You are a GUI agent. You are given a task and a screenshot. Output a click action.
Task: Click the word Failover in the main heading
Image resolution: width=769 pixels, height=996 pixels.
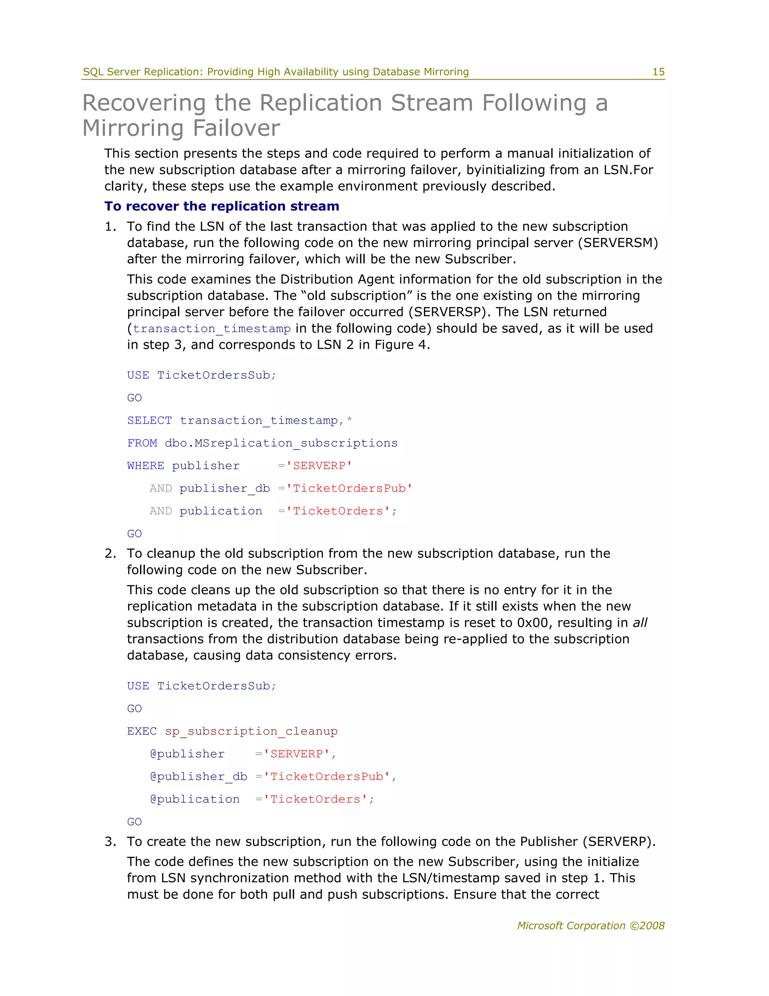236,128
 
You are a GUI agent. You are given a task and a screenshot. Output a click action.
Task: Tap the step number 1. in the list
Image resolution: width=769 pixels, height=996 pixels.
110,227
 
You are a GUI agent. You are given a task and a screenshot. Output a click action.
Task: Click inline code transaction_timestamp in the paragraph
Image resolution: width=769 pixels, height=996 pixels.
211,329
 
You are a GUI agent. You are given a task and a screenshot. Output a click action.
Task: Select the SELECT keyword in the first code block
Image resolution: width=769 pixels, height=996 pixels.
149,421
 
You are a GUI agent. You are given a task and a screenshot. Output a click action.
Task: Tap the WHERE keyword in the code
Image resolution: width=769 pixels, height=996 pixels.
145,466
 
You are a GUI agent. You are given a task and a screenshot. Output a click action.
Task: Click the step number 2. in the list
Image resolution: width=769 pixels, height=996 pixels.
110,554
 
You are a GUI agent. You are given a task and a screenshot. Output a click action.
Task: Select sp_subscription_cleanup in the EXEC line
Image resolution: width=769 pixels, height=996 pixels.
251,731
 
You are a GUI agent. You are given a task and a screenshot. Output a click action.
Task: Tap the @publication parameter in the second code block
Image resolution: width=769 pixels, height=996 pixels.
195,799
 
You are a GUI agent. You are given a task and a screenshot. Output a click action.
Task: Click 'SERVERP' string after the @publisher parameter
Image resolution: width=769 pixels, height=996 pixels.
297,754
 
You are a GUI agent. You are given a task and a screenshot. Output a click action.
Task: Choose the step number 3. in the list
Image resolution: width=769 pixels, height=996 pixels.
110,842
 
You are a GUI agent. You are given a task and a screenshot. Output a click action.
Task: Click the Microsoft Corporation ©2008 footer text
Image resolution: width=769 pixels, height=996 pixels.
590,926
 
